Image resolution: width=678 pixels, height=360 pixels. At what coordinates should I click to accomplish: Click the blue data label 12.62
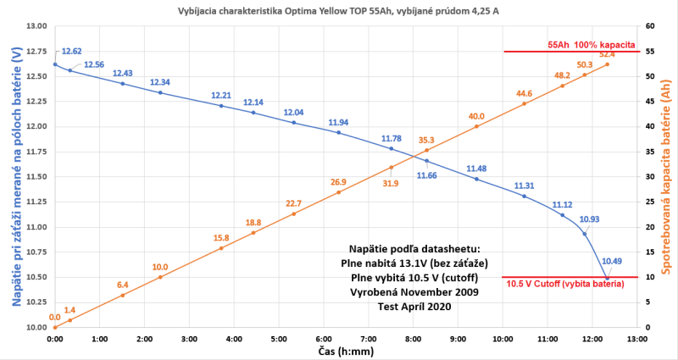tap(71, 52)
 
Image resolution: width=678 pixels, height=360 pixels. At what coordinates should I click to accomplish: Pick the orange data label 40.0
tap(476, 116)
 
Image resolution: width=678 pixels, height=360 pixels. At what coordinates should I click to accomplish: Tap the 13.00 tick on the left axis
tap(36, 26)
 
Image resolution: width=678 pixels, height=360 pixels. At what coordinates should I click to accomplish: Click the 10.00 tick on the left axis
tap(36, 327)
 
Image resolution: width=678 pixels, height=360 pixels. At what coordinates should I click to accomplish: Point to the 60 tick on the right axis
tap(651, 26)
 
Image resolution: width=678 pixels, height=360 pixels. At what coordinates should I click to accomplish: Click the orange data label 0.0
tap(55, 318)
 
